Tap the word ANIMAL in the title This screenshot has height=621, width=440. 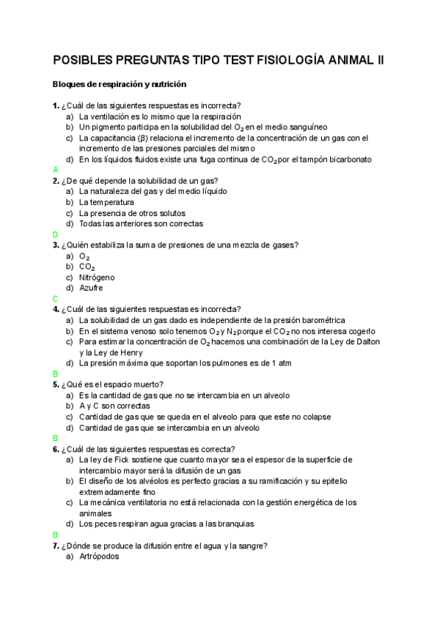click(x=350, y=61)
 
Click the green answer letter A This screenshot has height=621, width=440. click(x=55, y=170)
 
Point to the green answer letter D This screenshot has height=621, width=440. click(x=55, y=234)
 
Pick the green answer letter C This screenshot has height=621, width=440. click(x=55, y=299)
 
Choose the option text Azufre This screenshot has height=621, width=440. click(x=91, y=288)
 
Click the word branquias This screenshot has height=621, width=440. click(x=235, y=524)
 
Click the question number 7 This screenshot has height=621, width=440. click(x=56, y=546)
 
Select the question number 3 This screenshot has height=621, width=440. click(x=56, y=245)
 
